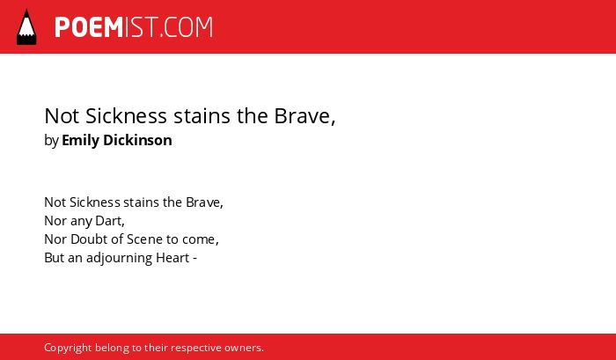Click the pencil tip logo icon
pos(26,27)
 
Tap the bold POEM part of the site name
pos(89,27)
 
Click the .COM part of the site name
pos(186,27)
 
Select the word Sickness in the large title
pos(126,116)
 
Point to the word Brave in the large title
pos(302,116)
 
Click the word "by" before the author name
pos(51,141)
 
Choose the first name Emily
pos(81,141)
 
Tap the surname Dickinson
pos(137,140)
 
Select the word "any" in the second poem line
pos(81,222)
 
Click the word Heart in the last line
pos(172,258)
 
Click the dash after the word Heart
pos(194,260)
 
